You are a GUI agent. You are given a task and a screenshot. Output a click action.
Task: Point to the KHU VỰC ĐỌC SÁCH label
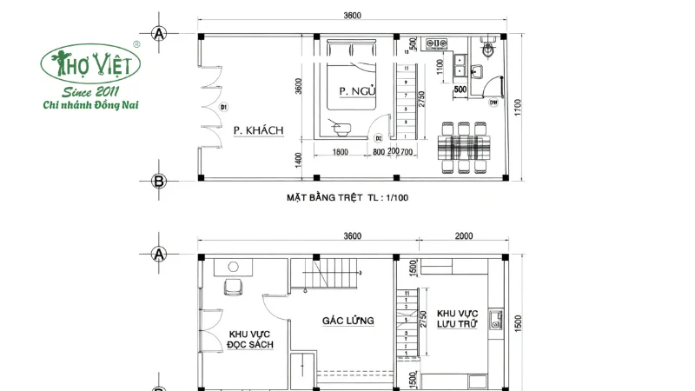point(251,339)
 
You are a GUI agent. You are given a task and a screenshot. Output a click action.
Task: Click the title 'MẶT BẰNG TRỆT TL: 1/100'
point(347,197)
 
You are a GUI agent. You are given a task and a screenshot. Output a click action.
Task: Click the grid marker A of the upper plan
point(158,34)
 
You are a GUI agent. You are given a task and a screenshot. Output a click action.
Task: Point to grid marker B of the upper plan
point(158,181)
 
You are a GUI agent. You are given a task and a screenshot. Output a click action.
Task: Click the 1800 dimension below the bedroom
point(341,153)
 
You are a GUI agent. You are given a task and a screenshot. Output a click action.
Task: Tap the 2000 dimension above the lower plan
point(464,236)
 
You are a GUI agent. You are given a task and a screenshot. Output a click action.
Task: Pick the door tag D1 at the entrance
point(223,108)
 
